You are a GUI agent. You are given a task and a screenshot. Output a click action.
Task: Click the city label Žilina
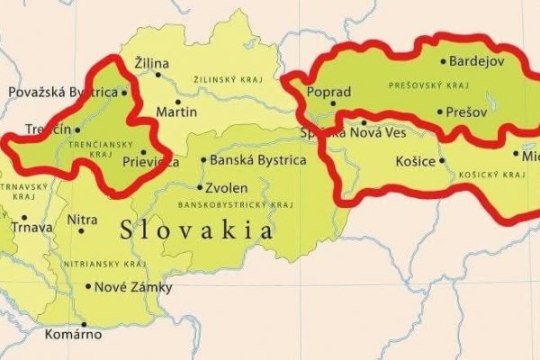[x=151, y=63]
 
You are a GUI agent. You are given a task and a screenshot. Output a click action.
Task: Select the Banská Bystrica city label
[x=257, y=160]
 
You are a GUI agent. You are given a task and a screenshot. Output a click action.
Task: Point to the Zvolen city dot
[x=200, y=187]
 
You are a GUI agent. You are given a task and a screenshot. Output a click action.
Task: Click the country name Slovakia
[x=197, y=230]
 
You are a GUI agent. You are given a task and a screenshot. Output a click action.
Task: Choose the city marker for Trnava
[x=24, y=217]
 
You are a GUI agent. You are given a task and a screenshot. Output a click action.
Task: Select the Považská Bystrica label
[x=62, y=92]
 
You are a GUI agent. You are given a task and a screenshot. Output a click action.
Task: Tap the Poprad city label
[x=328, y=92]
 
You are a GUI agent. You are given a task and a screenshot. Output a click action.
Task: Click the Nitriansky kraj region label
[x=105, y=264]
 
